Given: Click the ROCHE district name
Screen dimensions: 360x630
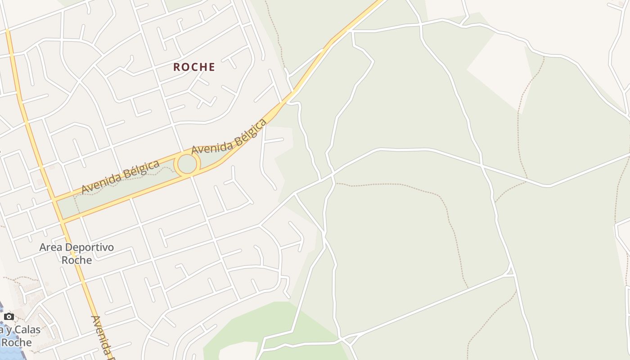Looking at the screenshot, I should pyautogui.click(x=194, y=67).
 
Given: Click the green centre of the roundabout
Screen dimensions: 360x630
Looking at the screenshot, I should pyautogui.click(x=187, y=164).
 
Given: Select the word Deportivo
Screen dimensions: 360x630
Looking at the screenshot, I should pyautogui.click(x=88, y=247).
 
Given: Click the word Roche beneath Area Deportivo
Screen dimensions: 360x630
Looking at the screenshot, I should pyautogui.click(x=76, y=260).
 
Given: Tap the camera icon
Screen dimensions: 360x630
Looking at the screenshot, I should pyautogui.click(x=9, y=317).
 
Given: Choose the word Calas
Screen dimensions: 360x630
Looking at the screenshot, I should pyautogui.click(x=28, y=330).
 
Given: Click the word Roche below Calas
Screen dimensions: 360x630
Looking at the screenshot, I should pyautogui.click(x=17, y=342).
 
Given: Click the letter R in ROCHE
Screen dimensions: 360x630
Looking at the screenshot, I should pyautogui.click(x=177, y=67).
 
